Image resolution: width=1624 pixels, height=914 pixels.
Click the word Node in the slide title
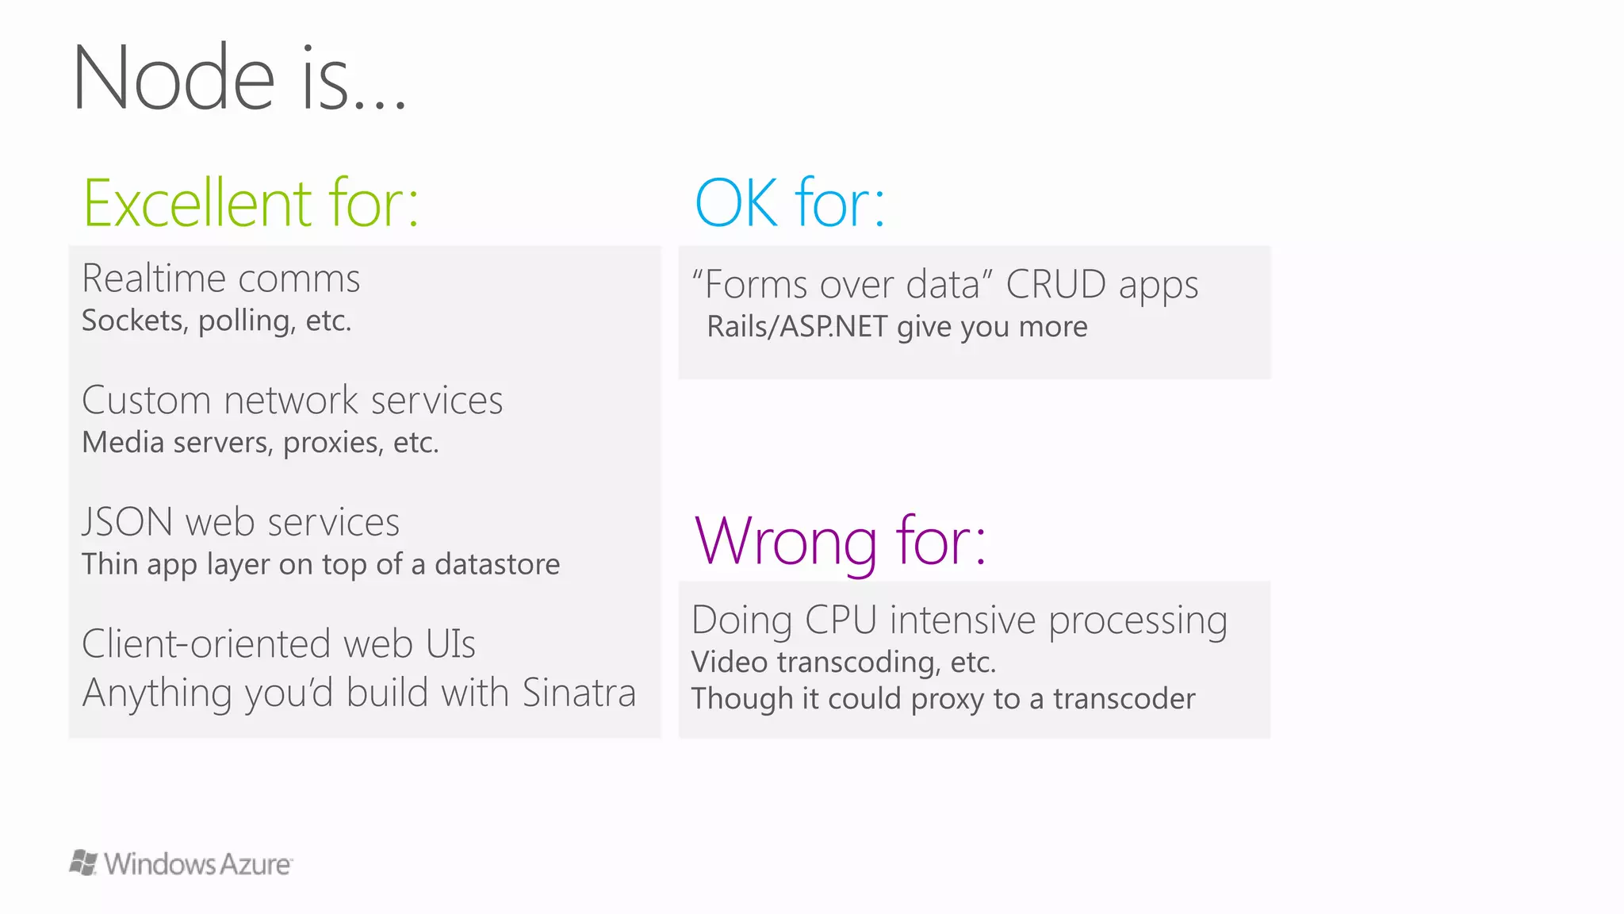pyautogui.click(x=174, y=79)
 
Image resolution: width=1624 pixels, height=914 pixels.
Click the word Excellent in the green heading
pyautogui.click(x=197, y=203)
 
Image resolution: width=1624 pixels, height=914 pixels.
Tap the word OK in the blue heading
pyautogui.click(x=735, y=203)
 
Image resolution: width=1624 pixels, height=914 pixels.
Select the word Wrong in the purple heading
pyautogui.click(x=784, y=541)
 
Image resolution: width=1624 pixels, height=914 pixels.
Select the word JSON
pyautogui.click(x=127, y=522)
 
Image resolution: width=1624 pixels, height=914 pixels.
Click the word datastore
pyautogui.click(x=497, y=564)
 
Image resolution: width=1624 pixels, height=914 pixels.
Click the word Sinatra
pyautogui.click(x=579, y=693)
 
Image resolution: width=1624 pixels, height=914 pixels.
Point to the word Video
pyautogui.click(x=729, y=662)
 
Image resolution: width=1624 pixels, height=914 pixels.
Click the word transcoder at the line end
pyautogui.click(x=1124, y=699)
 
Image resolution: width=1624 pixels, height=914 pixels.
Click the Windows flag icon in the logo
pyautogui.click(x=83, y=862)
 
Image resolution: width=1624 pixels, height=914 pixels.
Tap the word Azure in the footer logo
pyautogui.click(x=255, y=864)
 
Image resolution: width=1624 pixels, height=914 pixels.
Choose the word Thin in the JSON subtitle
pyautogui.click(x=109, y=564)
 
